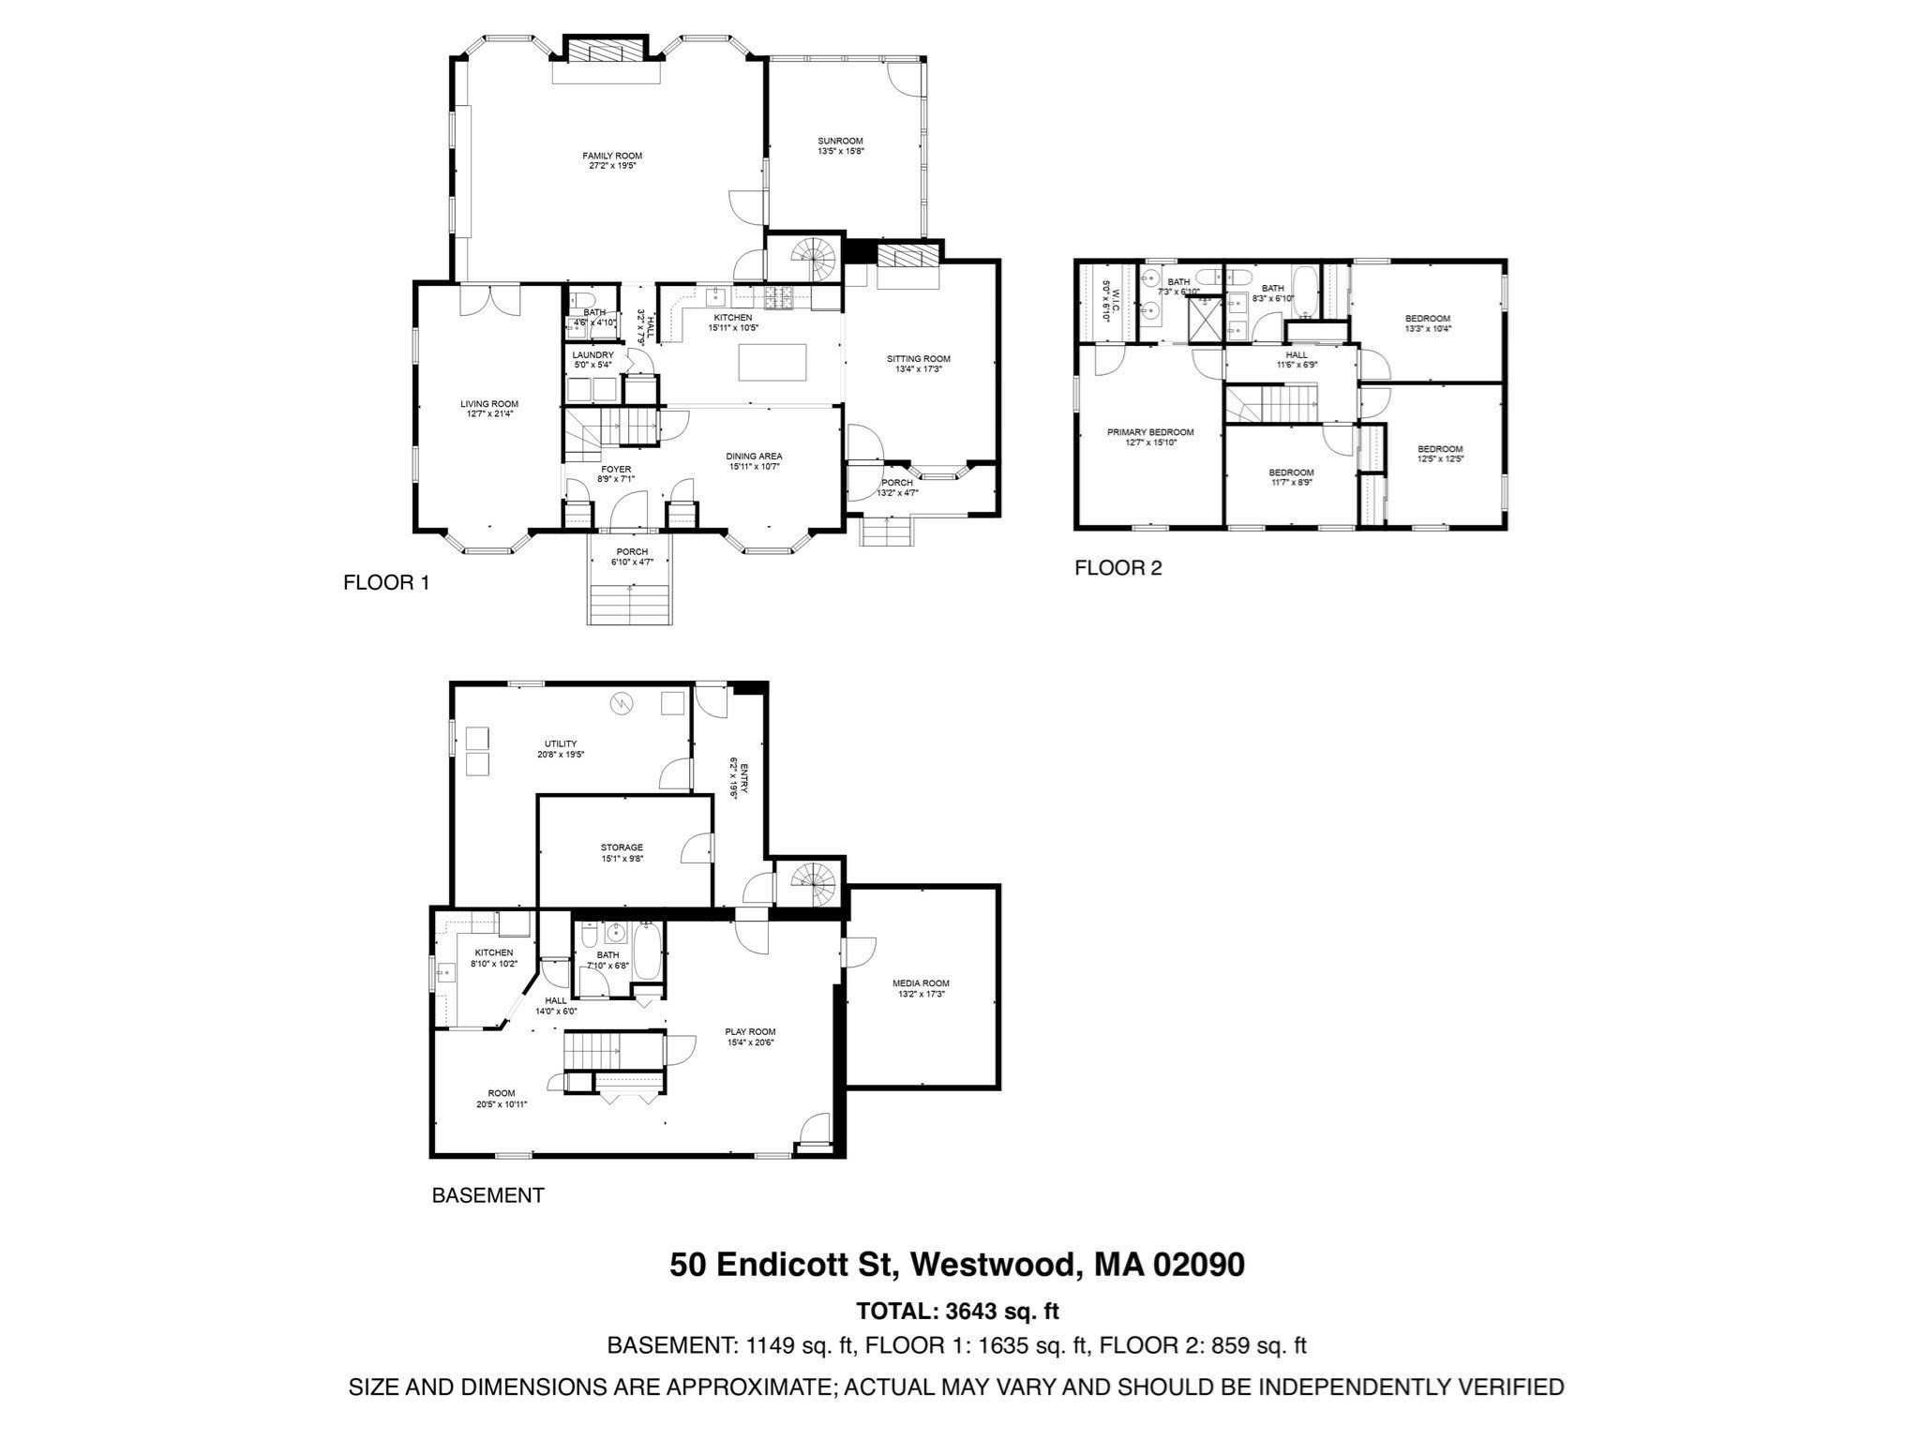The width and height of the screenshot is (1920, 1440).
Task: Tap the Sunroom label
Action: (x=840, y=141)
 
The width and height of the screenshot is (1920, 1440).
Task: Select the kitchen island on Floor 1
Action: (x=772, y=363)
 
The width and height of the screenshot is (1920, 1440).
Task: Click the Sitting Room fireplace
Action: (x=907, y=256)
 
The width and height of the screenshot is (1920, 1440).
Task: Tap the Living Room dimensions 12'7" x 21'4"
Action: (x=489, y=413)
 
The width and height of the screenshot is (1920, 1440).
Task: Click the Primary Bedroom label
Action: (x=1150, y=432)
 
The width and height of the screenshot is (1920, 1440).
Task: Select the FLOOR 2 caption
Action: (x=1118, y=567)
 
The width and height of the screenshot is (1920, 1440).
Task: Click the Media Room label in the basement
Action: (x=914, y=983)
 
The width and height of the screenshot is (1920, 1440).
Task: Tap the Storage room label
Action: (x=622, y=847)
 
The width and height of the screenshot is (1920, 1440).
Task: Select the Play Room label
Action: (x=750, y=1031)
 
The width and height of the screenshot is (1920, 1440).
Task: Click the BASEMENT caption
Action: (x=487, y=1195)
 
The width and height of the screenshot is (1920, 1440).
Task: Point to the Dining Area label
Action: (x=754, y=457)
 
